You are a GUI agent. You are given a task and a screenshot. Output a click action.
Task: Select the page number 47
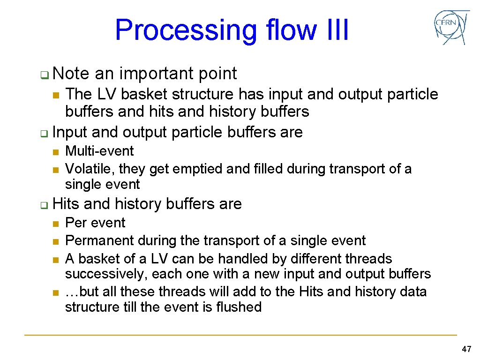tap(466, 349)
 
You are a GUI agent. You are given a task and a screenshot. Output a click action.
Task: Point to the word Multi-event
tap(99, 151)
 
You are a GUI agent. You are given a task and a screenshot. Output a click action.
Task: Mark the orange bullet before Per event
tap(55, 224)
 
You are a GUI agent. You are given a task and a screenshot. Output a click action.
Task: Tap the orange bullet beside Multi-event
tap(55, 152)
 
